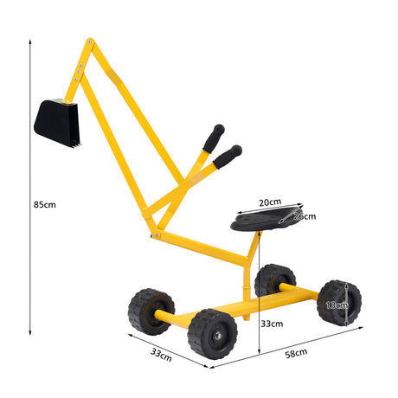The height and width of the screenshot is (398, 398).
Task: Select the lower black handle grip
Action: click(228, 155)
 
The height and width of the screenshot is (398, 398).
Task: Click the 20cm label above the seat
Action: click(268, 202)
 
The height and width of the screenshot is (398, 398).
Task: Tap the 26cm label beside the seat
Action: click(304, 216)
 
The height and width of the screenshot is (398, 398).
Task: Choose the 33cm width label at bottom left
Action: click(161, 355)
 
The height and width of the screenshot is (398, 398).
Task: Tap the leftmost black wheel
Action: click(150, 311)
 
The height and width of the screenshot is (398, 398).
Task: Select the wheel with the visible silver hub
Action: click(213, 334)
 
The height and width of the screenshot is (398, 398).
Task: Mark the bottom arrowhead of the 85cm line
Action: click(30, 333)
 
